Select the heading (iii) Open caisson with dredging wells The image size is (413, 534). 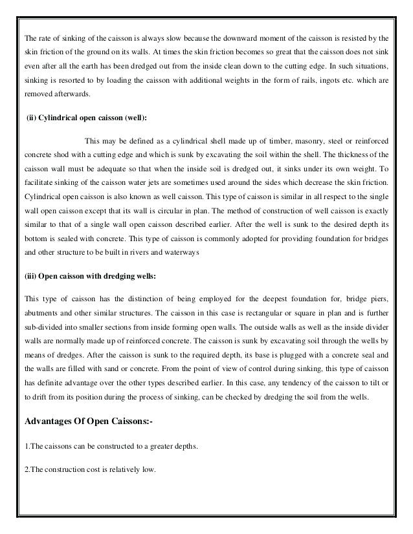90,276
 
